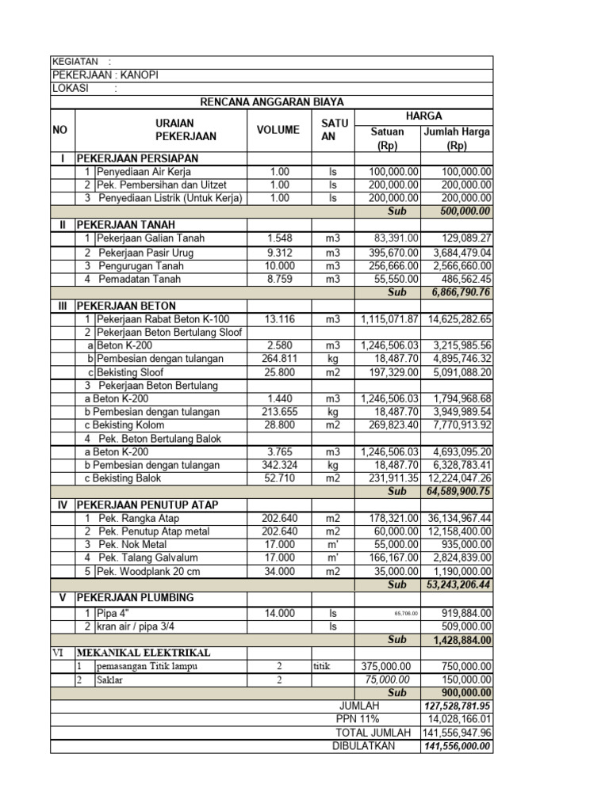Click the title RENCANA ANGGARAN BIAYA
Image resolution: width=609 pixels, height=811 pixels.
tap(271, 102)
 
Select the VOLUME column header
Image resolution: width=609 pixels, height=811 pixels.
tap(278, 130)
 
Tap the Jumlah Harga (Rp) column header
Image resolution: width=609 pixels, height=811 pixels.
tap(457, 139)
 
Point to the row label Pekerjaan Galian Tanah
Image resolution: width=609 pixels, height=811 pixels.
tap(151, 238)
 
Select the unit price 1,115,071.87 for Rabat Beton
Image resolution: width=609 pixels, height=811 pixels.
tap(389, 319)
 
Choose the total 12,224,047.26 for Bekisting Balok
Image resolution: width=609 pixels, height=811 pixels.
tap(458, 478)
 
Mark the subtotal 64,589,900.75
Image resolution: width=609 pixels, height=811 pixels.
tap(458, 492)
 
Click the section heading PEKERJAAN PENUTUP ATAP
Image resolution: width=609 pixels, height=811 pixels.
tap(147, 504)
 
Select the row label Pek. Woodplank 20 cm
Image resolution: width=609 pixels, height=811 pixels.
tap(148, 571)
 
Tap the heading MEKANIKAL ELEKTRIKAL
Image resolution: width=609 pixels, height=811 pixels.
tap(144, 653)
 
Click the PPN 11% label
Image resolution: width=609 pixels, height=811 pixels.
tap(358, 719)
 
